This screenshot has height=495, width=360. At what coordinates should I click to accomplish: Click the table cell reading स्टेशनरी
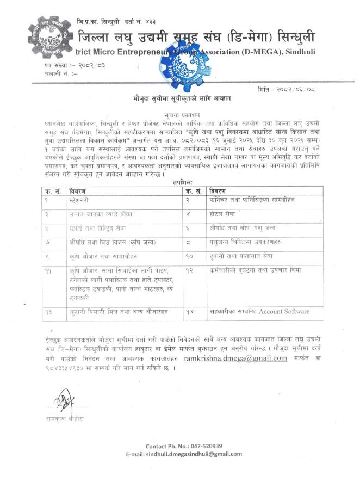tap(83, 200)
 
